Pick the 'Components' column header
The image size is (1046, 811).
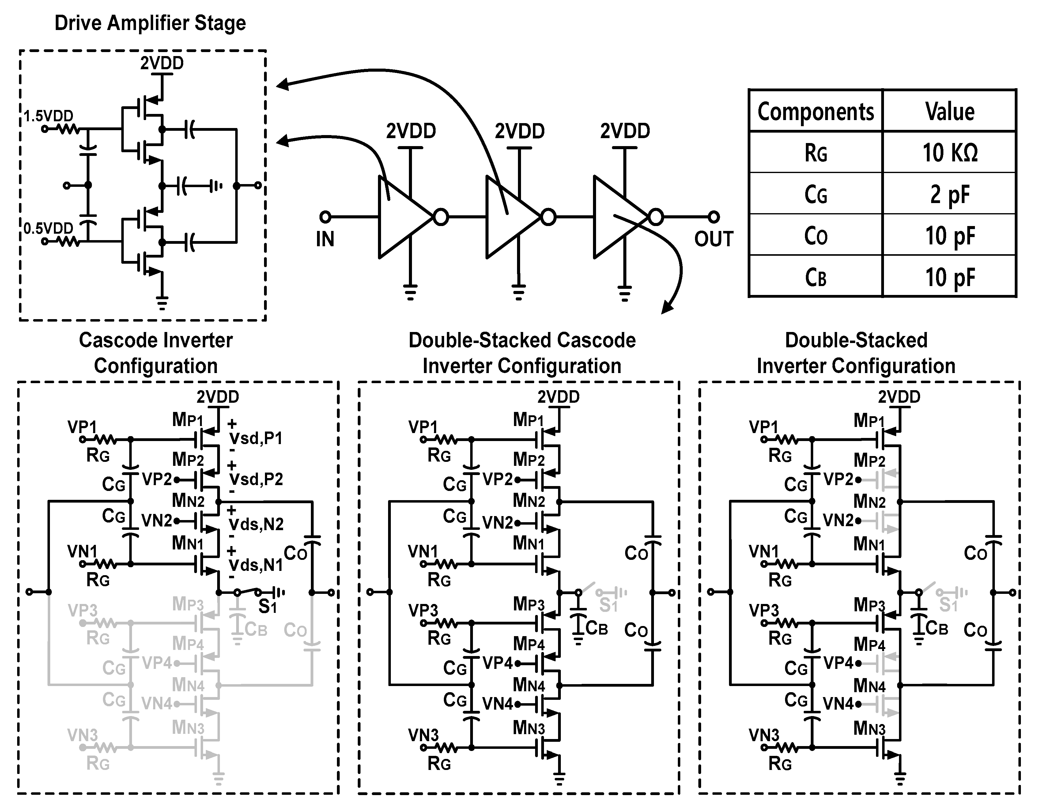tap(816, 111)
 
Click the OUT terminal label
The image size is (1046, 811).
tap(714, 239)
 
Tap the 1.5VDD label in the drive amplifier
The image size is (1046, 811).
tap(48, 116)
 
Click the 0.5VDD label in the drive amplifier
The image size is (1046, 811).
tap(48, 228)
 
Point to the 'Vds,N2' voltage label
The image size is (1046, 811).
tap(256, 524)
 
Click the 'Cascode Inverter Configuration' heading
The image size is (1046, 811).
tap(156, 353)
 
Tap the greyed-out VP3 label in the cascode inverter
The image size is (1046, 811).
tap(82, 610)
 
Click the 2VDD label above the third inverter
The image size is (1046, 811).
tap(625, 131)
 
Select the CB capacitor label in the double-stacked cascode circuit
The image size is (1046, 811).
tap(597, 628)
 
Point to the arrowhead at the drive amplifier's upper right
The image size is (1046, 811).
tap(281, 85)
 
